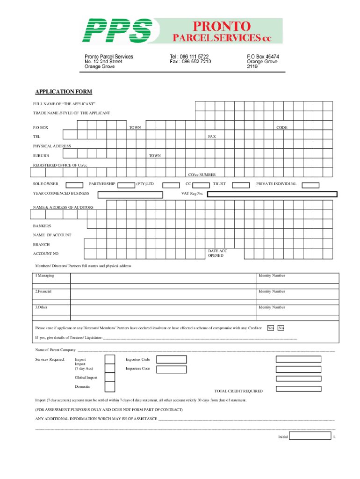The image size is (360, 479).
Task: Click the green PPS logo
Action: (x=117, y=31)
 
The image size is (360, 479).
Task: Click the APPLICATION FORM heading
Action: (x=64, y=91)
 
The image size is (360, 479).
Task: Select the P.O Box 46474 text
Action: (x=263, y=56)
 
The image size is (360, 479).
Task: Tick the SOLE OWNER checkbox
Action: (x=75, y=185)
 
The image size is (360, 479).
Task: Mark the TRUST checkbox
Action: (x=240, y=185)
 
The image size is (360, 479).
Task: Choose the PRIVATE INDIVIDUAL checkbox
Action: (x=308, y=185)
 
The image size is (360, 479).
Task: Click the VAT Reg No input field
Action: (x=272, y=194)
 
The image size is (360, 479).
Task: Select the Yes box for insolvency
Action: (x=270, y=328)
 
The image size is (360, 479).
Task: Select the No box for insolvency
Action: (x=281, y=328)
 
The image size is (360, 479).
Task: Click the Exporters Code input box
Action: (x=171, y=359)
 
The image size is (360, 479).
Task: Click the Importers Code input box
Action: (x=171, y=369)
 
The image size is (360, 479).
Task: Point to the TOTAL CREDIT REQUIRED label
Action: (x=238, y=391)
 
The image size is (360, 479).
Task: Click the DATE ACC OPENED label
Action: (x=217, y=253)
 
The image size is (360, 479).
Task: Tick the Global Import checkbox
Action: (x=109, y=377)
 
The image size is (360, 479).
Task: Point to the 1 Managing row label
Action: (x=45, y=276)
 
